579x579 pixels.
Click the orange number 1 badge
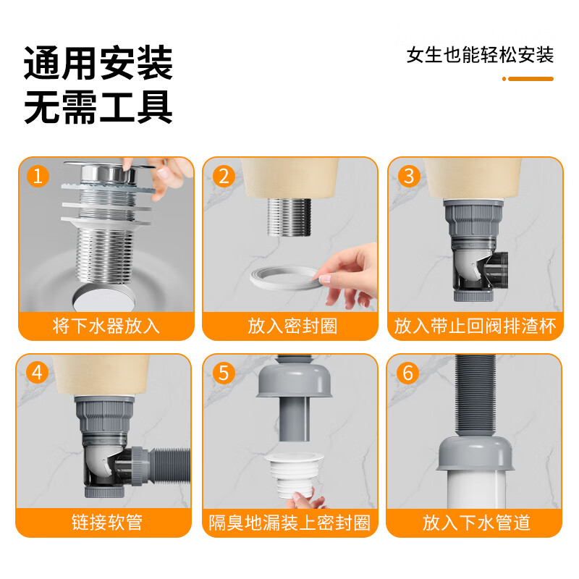click(38, 176)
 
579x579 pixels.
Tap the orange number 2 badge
click(224, 176)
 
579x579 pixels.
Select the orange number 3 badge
click(409, 176)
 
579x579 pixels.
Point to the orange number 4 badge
click(37, 373)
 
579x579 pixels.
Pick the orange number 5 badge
click(224, 373)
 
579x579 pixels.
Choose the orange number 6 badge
click(407, 373)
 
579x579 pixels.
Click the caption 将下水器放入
click(106, 326)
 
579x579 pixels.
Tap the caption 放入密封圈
click(292, 326)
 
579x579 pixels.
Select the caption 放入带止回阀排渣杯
click(476, 326)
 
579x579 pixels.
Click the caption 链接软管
click(107, 523)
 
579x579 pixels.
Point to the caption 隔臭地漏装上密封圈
click(289, 523)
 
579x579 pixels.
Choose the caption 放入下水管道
click(476, 523)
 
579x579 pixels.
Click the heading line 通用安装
click(98, 63)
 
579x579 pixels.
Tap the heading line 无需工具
click(98, 107)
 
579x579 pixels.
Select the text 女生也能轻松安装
click(480, 55)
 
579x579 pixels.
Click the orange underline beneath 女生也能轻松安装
click(528, 79)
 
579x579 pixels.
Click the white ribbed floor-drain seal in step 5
click(294, 476)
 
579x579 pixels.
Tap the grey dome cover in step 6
click(476, 454)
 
